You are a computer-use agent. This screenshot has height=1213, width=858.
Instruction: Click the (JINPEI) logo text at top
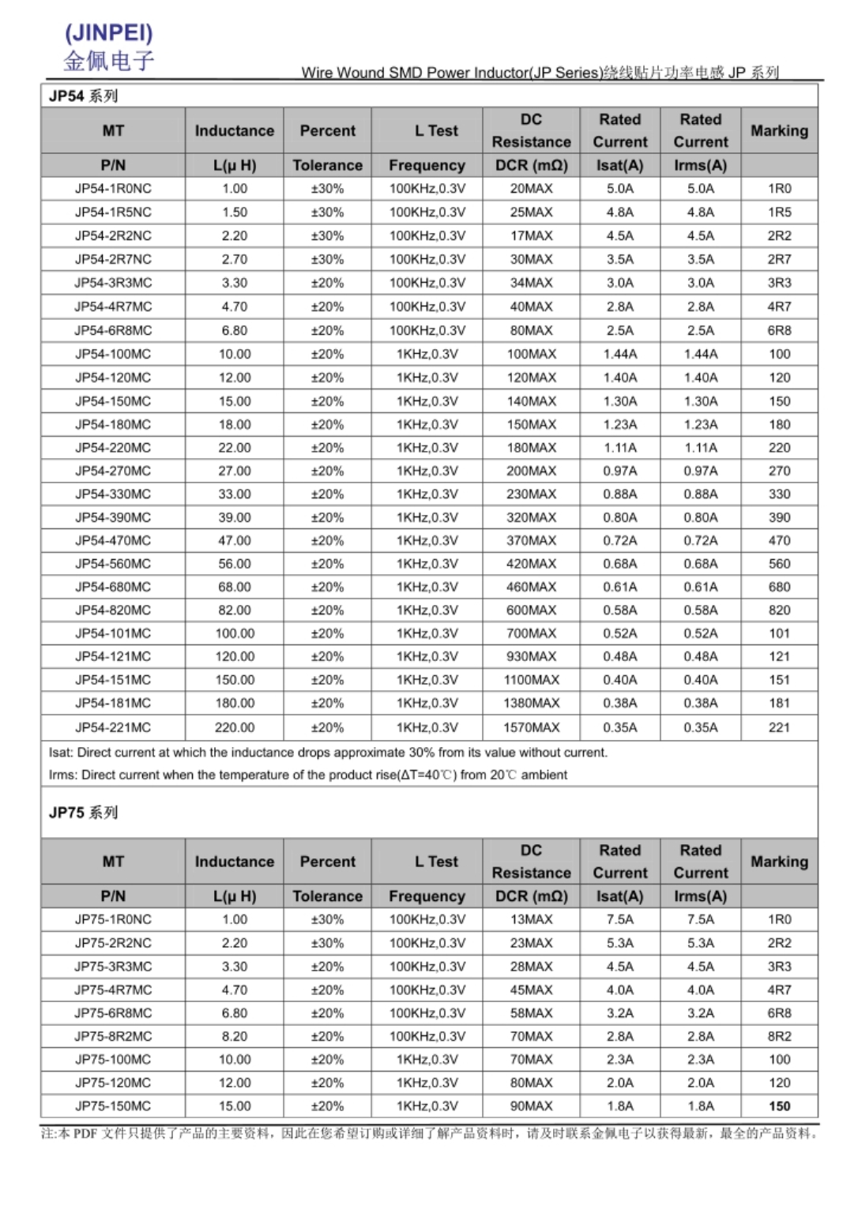point(109,33)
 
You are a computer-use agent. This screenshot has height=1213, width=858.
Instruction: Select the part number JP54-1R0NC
point(113,189)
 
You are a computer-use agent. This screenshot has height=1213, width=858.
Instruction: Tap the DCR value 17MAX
point(531,235)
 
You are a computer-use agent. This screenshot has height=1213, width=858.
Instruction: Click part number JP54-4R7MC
point(113,306)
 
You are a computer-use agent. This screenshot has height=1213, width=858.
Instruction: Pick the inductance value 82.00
point(235,610)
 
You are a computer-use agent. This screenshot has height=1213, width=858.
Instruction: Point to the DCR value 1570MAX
point(531,727)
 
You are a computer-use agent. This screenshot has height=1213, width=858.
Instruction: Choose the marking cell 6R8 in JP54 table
point(779,330)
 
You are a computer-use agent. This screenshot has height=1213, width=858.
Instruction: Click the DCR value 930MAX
point(531,656)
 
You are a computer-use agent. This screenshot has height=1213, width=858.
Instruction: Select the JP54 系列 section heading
point(83,96)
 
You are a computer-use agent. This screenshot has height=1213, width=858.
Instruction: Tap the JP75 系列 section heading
point(83,813)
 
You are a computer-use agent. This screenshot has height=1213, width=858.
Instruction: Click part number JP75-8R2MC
point(113,1036)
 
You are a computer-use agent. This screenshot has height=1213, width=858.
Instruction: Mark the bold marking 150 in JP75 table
point(779,1106)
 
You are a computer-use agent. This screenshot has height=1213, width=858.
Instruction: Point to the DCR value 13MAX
point(531,919)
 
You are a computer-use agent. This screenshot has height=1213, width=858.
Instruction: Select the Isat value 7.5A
point(620,919)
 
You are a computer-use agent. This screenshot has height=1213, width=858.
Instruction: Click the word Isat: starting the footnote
point(61,753)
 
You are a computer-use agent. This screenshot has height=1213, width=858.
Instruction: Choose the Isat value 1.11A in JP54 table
point(620,448)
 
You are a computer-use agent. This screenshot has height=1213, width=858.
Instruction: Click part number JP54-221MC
point(113,727)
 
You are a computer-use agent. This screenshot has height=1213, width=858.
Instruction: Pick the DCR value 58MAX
point(531,1013)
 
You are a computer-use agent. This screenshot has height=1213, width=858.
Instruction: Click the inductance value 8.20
point(235,1036)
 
